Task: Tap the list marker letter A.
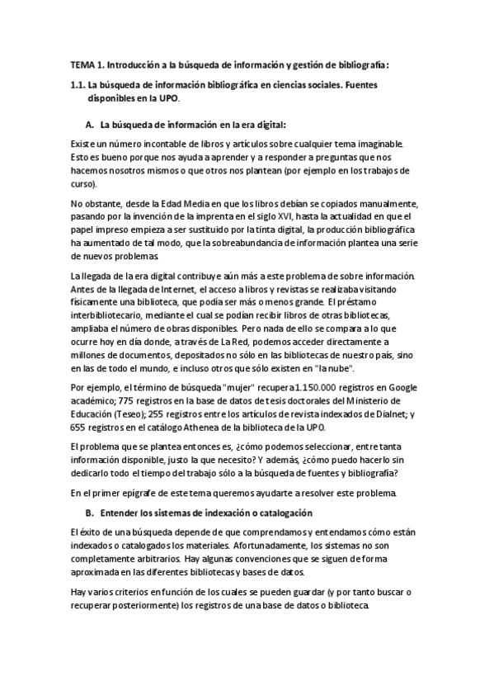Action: tap(90, 125)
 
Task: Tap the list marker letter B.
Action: tap(90, 513)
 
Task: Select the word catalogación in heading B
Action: tap(280, 513)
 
